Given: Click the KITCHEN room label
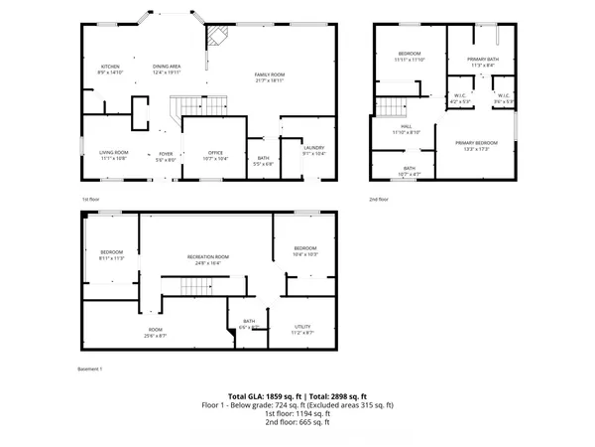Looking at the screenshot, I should pyautogui.click(x=108, y=68).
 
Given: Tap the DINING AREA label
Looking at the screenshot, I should pyautogui.click(x=167, y=68).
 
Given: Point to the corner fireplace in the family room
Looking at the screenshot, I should pyautogui.click(x=216, y=35).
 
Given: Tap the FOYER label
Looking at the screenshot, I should pyautogui.click(x=167, y=154).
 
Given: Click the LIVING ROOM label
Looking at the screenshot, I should pyautogui.click(x=113, y=153).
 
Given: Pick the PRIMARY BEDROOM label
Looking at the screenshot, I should pyautogui.click(x=477, y=144).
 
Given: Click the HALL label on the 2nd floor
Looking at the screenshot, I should pyautogui.click(x=407, y=128).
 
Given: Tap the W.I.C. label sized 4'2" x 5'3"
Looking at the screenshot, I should pyautogui.click(x=460, y=97).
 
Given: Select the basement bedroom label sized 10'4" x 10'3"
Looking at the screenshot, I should pyautogui.click(x=304, y=248).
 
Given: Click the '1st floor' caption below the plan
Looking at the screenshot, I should pyautogui.click(x=90, y=199).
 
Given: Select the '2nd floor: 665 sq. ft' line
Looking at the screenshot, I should pyautogui.click(x=297, y=423).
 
